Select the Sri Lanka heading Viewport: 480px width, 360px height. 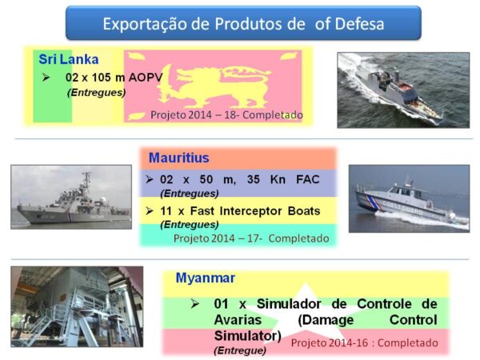tap(69, 59)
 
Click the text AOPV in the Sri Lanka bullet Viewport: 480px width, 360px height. tap(146, 78)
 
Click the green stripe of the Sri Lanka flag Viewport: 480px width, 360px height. tap(52, 86)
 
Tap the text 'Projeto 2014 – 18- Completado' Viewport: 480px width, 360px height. tap(226, 115)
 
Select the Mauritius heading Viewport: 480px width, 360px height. tap(178, 158)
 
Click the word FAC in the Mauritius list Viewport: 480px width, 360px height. tap(308, 179)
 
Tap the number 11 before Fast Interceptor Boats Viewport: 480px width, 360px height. tap(166, 211)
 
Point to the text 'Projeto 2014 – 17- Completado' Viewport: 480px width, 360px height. tap(251, 238)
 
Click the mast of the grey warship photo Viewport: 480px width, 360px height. tap(86, 184)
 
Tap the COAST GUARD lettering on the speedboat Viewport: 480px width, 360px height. tap(402, 207)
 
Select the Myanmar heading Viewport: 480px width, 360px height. tap(206, 278)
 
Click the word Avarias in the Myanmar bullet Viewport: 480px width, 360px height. tap(238, 320)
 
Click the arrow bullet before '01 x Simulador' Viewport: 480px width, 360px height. tap(194, 304)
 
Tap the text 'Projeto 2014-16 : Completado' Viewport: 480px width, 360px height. tap(364, 343)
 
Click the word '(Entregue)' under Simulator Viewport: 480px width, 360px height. tap(240, 350)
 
